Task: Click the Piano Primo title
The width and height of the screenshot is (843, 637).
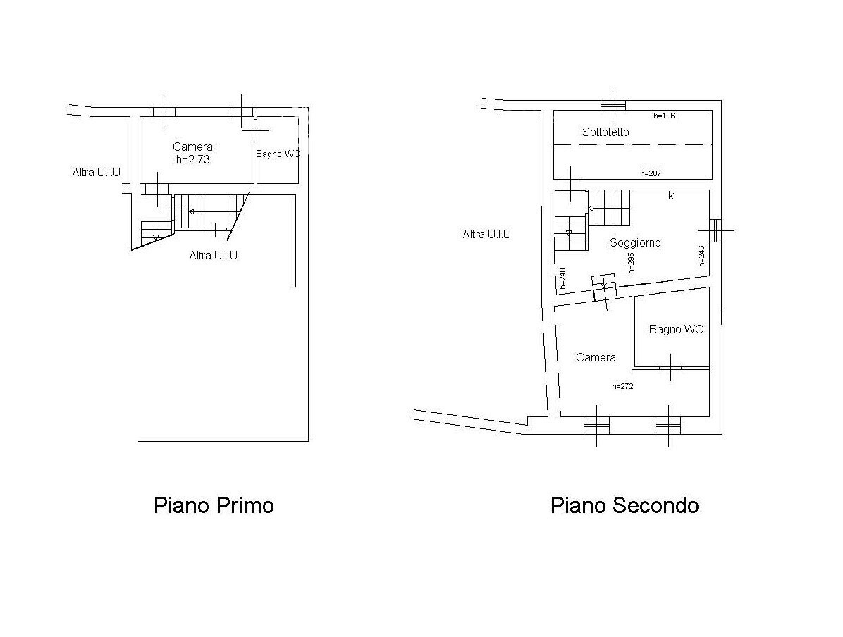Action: (x=214, y=505)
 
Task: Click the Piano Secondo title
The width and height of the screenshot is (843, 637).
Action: (x=624, y=505)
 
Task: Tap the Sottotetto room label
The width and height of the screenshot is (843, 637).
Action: (x=605, y=132)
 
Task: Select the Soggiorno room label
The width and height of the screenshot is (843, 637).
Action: (x=635, y=242)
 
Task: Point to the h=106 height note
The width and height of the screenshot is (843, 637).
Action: (x=664, y=116)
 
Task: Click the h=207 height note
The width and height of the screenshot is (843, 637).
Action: (x=651, y=173)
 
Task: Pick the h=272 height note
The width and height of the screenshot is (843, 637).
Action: (x=622, y=386)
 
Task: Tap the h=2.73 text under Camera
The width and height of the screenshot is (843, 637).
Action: (x=193, y=159)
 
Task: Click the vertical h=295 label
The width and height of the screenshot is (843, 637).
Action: (x=631, y=263)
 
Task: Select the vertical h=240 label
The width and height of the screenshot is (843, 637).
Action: (x=562, y=278)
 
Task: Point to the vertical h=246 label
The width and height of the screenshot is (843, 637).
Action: (x=701, y=256)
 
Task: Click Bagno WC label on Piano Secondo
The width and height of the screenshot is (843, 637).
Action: (x=676, y=330)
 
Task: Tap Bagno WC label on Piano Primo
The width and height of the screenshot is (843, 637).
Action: (x=278, y=154)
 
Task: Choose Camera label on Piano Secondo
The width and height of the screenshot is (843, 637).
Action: (x=596, y=357)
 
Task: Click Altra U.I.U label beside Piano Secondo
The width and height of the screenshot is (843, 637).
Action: (x=486, y=234)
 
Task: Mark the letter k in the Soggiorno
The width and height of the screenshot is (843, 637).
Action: (x=671, y=196)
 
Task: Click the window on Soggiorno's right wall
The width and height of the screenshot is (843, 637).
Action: (x=715, y=230)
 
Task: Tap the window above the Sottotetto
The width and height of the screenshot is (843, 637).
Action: (x=613, y=105)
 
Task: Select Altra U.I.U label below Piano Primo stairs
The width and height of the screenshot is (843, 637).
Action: (x=214, y=255)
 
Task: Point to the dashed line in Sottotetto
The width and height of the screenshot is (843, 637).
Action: (x=633, y=144)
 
